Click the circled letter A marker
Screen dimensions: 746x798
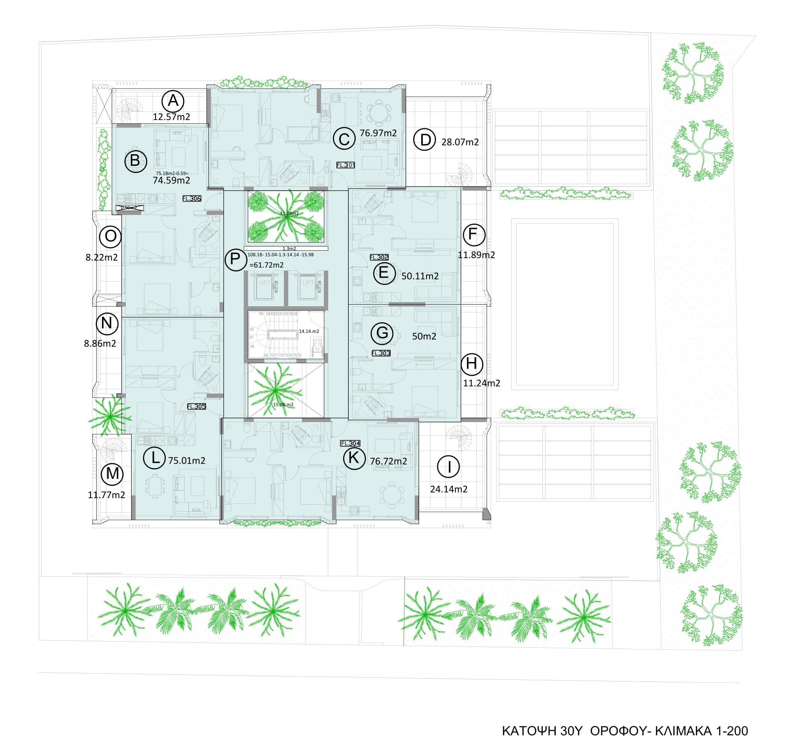pos(173,101)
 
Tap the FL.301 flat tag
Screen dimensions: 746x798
pos(346,165)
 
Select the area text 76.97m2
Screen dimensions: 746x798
pos(378,133)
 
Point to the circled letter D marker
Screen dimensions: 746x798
pos(425,140)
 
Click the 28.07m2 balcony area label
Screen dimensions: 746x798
pos(460,142)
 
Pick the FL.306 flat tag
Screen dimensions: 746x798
pos(192,199)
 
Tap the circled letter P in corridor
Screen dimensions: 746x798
pos(235,259)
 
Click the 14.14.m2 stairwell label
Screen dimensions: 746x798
pos(309,331)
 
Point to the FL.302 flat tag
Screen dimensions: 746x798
pos(379,257)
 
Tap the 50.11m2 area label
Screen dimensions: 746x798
pos(420,276)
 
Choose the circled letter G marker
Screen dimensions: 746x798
pos(382,333)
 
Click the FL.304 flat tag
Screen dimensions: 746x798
pos(350,443)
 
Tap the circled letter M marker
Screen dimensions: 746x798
pos(112,473)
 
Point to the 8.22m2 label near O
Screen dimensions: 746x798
pos(102,257)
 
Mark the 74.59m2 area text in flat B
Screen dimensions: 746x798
pos(172,180)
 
